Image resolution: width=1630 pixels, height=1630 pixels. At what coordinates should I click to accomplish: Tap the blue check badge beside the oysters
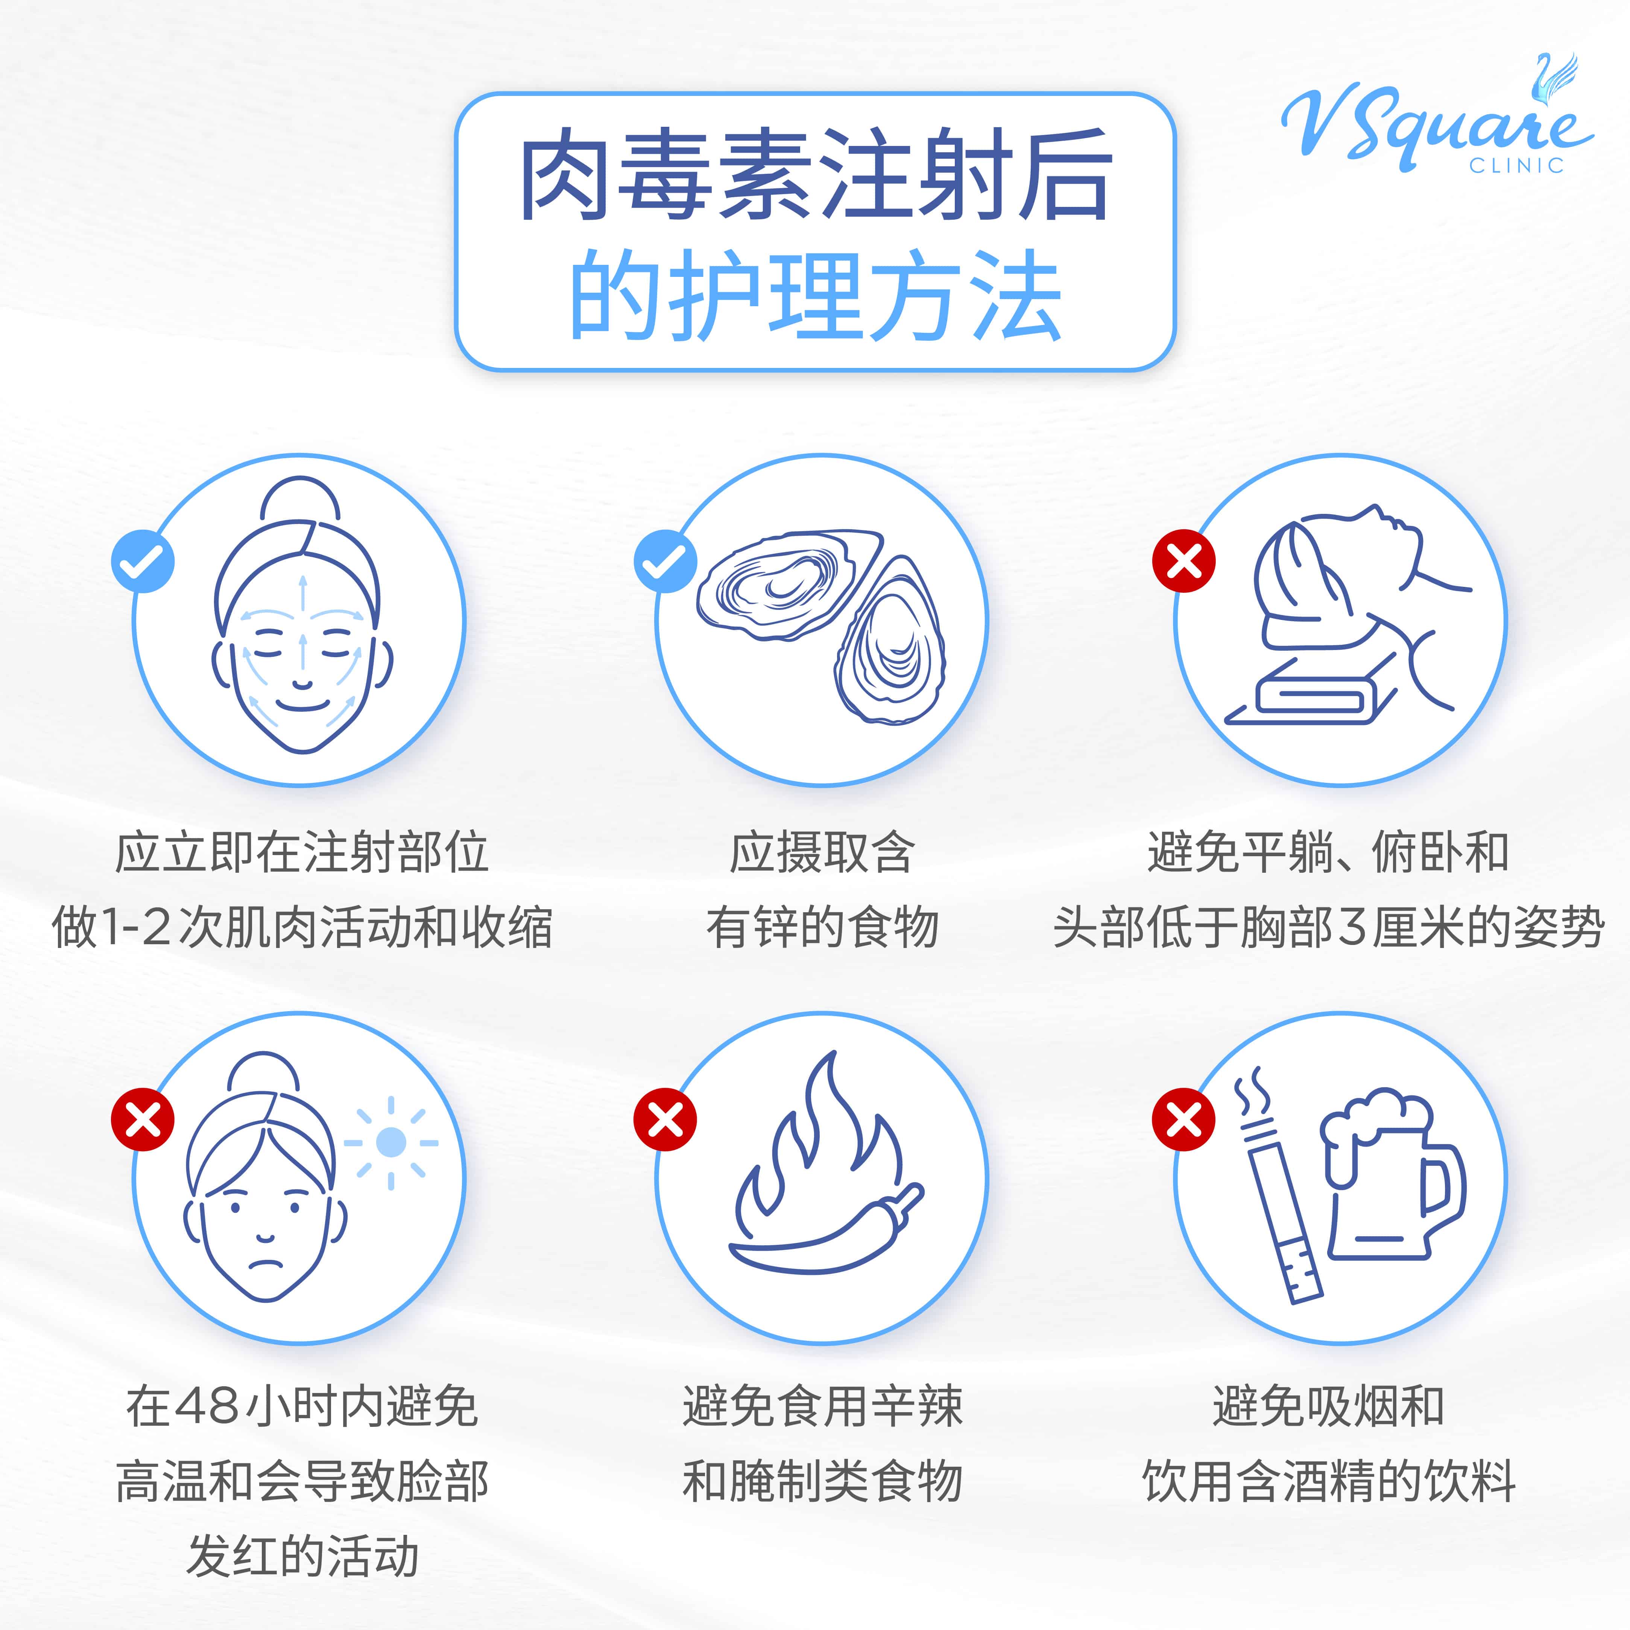point(665,561)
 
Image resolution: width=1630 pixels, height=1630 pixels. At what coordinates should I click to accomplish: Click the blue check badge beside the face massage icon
point(143,561)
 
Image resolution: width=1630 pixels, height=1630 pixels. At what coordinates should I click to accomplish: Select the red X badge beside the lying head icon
point(1184,561)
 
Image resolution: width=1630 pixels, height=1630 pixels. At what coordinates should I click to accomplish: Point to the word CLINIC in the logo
point(1516,166)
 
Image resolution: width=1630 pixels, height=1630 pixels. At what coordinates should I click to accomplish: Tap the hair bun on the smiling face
point(300,500)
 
